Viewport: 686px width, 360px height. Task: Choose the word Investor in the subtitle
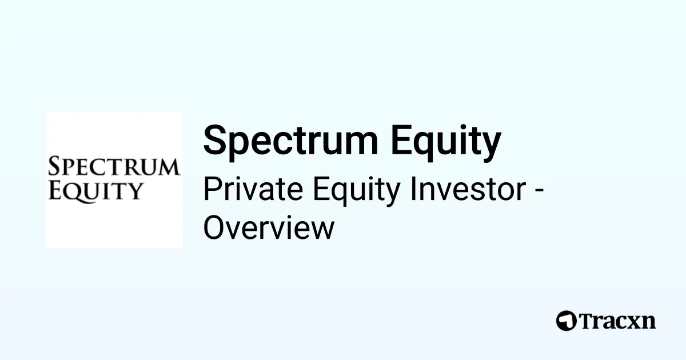coord(468,190)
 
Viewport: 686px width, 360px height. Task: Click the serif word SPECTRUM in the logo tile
coord(114,167)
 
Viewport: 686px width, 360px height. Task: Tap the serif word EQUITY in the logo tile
coord(95,191)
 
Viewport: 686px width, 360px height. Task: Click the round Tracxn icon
coord(567,321)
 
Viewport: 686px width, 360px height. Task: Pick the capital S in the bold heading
coord(215,141)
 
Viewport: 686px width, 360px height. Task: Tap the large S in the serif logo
coord(54,166)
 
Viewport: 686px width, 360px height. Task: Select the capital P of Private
coord(210,190)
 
